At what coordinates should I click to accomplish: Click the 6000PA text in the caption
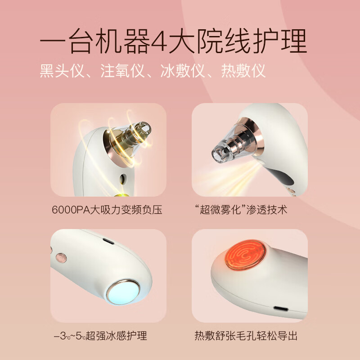[68, 210]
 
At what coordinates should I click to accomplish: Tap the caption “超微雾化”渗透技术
[244, 210]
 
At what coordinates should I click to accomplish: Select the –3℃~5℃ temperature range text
[69, 336]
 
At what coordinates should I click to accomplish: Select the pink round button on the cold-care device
[59, 258]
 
